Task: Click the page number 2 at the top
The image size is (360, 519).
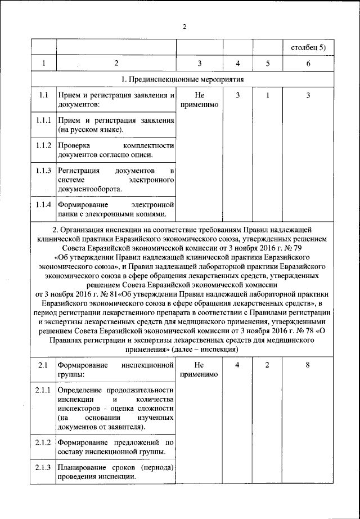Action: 184,26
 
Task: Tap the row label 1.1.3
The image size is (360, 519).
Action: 43,170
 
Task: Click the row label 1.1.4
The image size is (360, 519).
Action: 43,203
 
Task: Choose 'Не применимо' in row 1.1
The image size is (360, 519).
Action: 199,100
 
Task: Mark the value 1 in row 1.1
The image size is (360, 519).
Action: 267,95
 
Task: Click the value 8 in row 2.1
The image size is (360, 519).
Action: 308,366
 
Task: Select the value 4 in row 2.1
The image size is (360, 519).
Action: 238,366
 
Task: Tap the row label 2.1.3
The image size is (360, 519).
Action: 43,468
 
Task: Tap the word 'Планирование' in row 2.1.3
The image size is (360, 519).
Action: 82,468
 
